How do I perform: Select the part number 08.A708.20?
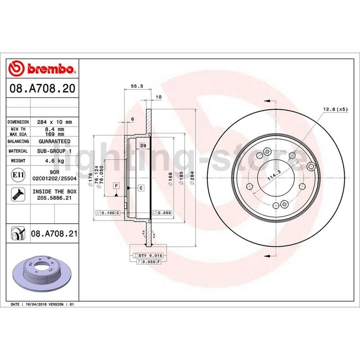tap(42, 88)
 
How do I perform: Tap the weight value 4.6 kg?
tap(54, 161)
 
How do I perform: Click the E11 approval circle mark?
tap(18, 175)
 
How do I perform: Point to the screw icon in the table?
tap(18, 194)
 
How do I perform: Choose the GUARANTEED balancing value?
tap(54, 141)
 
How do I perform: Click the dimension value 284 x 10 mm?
tap(54, 122)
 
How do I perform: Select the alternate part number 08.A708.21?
tap(54, 234)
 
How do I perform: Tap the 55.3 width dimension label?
tap(137, 86)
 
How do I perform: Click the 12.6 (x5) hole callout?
tap(336, 109)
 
